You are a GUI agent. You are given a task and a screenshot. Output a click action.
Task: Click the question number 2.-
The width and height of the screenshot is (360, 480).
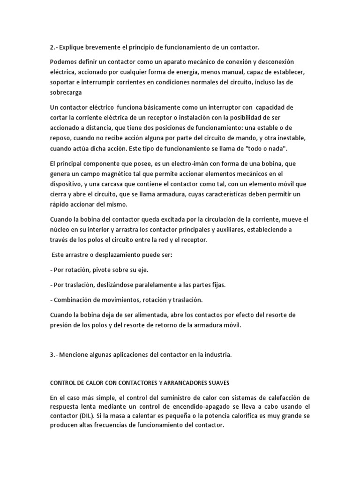click(54, 47)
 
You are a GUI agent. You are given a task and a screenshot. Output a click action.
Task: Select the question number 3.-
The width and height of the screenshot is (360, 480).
click(54, 355)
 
